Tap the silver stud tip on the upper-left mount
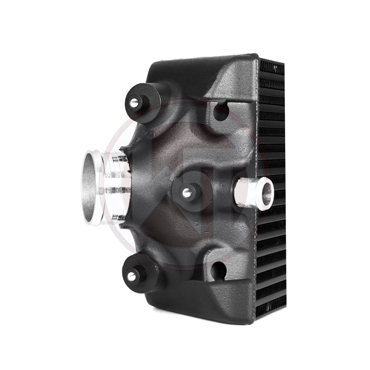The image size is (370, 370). tap(132, 102)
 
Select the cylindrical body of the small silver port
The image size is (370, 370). tap(248, 192)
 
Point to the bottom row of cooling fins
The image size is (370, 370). tap(272, 313)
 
